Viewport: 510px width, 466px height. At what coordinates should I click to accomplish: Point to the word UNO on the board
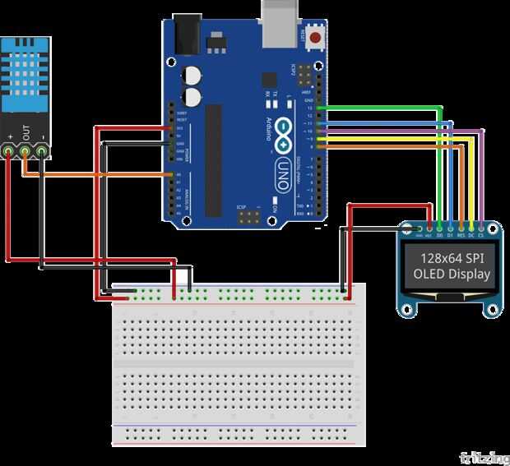coord(282,173)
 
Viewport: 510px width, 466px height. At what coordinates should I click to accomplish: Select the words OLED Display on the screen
coord(452,274)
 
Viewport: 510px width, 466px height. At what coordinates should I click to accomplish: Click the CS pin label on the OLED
coord(480,232)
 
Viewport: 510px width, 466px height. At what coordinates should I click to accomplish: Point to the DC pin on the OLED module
coord(471,232)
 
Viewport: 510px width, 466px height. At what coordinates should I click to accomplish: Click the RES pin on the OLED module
coord(461,232)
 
